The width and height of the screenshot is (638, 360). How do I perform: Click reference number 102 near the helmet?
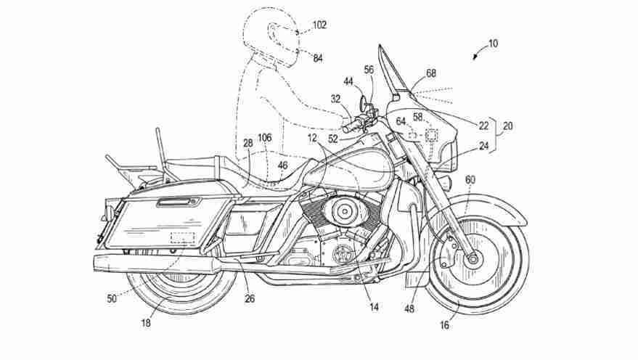319,25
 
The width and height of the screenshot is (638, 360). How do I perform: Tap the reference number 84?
318,59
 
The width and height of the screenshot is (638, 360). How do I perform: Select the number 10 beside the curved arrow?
493,44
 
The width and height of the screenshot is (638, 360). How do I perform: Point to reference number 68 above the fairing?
431,73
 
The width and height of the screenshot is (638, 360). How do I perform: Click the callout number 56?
369,70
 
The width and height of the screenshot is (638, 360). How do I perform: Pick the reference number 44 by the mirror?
348,82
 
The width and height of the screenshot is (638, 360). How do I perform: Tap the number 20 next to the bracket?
508,126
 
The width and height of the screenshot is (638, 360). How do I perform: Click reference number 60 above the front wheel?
470,180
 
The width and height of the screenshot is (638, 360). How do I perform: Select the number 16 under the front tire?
445,325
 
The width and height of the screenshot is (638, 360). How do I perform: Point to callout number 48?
409,308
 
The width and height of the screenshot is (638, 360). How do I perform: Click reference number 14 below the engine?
374,307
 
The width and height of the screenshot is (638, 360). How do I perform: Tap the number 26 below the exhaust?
250,298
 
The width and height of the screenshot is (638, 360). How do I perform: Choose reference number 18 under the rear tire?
146,323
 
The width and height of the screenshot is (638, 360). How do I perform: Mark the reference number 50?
112,298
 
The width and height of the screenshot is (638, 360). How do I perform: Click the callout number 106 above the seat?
264,138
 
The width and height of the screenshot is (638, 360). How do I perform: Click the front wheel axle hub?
473,258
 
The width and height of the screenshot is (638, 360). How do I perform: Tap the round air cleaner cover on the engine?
344,210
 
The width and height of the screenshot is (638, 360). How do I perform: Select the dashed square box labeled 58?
431,135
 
